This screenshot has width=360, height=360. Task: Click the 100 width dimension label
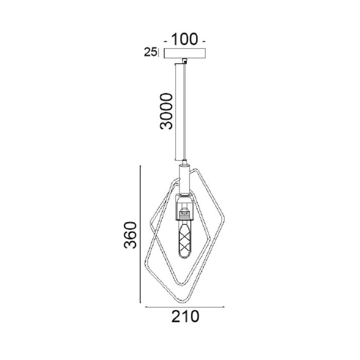184,39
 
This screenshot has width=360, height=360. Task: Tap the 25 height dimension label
150,52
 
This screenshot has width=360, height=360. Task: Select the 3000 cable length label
166,111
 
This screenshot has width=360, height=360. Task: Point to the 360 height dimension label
130,235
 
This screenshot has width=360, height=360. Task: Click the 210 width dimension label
185,317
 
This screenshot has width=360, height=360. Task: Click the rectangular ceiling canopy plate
185,53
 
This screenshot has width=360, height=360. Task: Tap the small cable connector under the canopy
184,61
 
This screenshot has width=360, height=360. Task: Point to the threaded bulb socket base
184,213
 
